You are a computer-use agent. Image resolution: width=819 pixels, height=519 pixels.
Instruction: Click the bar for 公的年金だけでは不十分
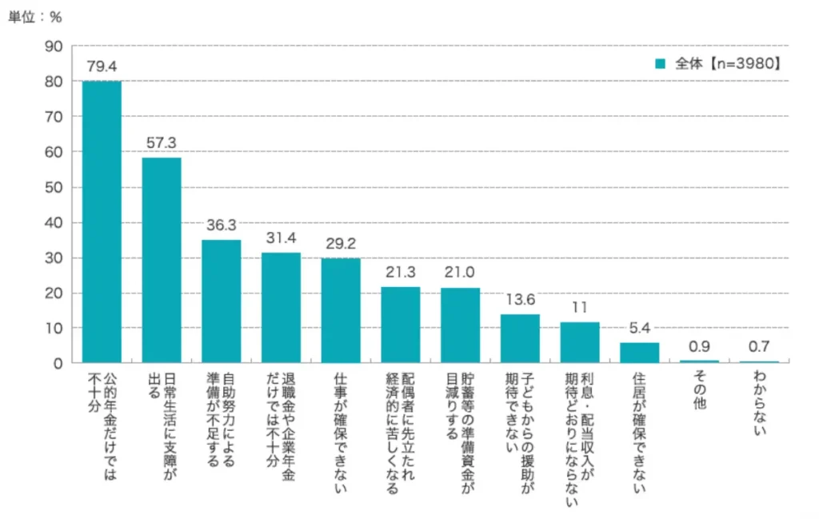click(x=102, y=222)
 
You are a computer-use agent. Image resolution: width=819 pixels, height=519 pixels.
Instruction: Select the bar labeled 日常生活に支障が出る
click(x=162, y=260)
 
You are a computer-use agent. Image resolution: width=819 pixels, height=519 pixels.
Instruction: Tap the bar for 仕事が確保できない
click(x=341, y=310)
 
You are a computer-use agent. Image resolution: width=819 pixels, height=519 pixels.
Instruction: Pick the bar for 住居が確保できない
click(x=640, y=353)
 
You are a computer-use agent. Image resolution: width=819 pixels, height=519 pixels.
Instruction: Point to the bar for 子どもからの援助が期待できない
click(x=520, y=338)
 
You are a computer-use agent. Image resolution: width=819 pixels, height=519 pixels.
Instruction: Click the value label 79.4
click(x=102, y=66)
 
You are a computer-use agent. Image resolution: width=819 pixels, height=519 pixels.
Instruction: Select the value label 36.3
click(x=221, y=226)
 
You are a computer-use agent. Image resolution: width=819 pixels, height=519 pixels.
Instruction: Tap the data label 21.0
click(x=461, y=273)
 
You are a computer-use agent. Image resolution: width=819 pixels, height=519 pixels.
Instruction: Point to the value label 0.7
click(x=759, y=346)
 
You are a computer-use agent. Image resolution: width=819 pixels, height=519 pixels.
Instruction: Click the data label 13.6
click(x=520, y=299)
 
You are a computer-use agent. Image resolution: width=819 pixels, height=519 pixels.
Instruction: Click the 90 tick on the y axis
click(x=54, y=46)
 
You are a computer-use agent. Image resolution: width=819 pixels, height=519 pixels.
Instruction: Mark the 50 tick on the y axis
click(x=54, y=187)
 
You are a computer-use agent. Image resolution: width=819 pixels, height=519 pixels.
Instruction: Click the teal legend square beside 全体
click(x=660, y=63)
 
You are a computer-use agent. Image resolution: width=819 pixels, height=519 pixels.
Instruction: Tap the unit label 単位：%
click(x=35, y=17)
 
